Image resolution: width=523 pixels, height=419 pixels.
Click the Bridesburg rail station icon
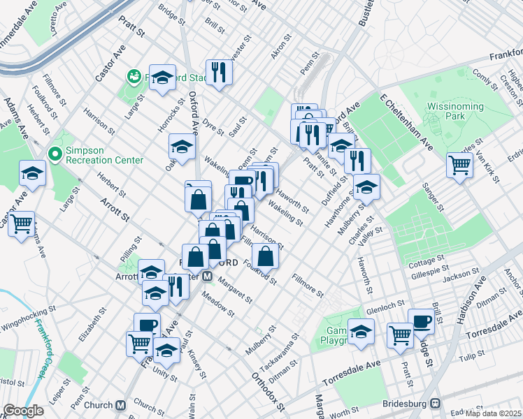[x=436, y=402]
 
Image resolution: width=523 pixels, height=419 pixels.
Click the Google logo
[x=23, y=411]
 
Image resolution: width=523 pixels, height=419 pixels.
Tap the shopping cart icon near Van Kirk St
[x=459, y=166]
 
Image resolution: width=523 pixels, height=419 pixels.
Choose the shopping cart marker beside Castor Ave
[x=22, y=223]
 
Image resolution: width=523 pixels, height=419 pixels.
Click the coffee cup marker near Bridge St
[x=421, y=321]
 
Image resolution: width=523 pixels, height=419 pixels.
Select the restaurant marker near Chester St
[x=220, y=72]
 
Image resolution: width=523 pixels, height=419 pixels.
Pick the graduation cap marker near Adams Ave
[x=32, y=173]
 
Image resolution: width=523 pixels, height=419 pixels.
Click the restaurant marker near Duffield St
[x=357, y=161]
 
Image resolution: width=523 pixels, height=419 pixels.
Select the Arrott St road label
[x=116, y=208]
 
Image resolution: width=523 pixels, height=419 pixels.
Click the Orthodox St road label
[x=268, y=392]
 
